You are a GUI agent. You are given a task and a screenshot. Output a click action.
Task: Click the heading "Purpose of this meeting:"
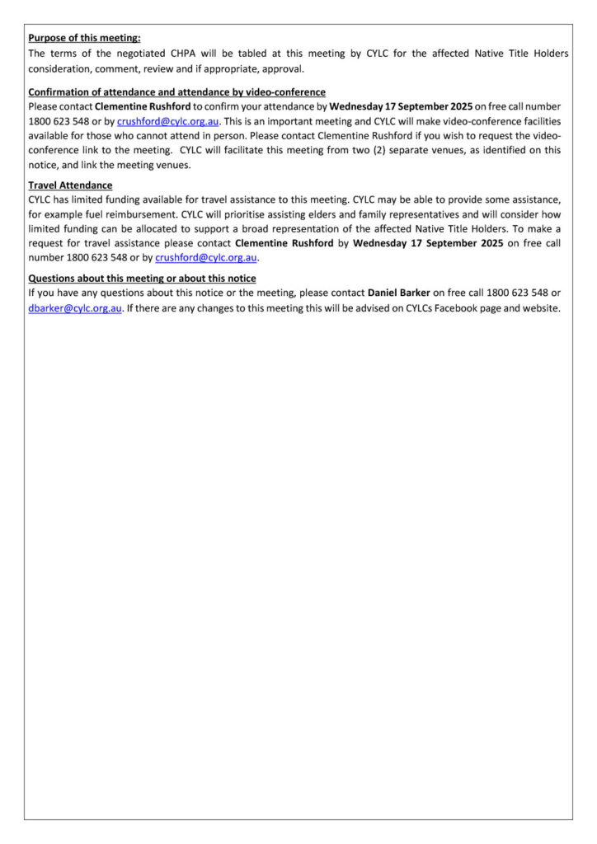pyautogui.click(x=84, y=38)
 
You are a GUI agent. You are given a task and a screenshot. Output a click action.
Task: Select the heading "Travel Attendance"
pyautogui.click(x=70, y=185)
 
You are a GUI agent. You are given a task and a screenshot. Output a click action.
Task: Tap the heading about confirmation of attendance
pyautogui.click(x=176, y=92)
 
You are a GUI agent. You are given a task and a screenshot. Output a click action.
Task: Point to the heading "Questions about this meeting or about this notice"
pyautogui.click(x=142, y=279)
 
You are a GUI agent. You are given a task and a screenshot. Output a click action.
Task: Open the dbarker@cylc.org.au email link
pyautogui.click(x=75, y=308)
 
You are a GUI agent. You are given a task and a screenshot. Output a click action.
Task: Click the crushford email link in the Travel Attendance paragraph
pyautogui.click(x=206, y=257)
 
